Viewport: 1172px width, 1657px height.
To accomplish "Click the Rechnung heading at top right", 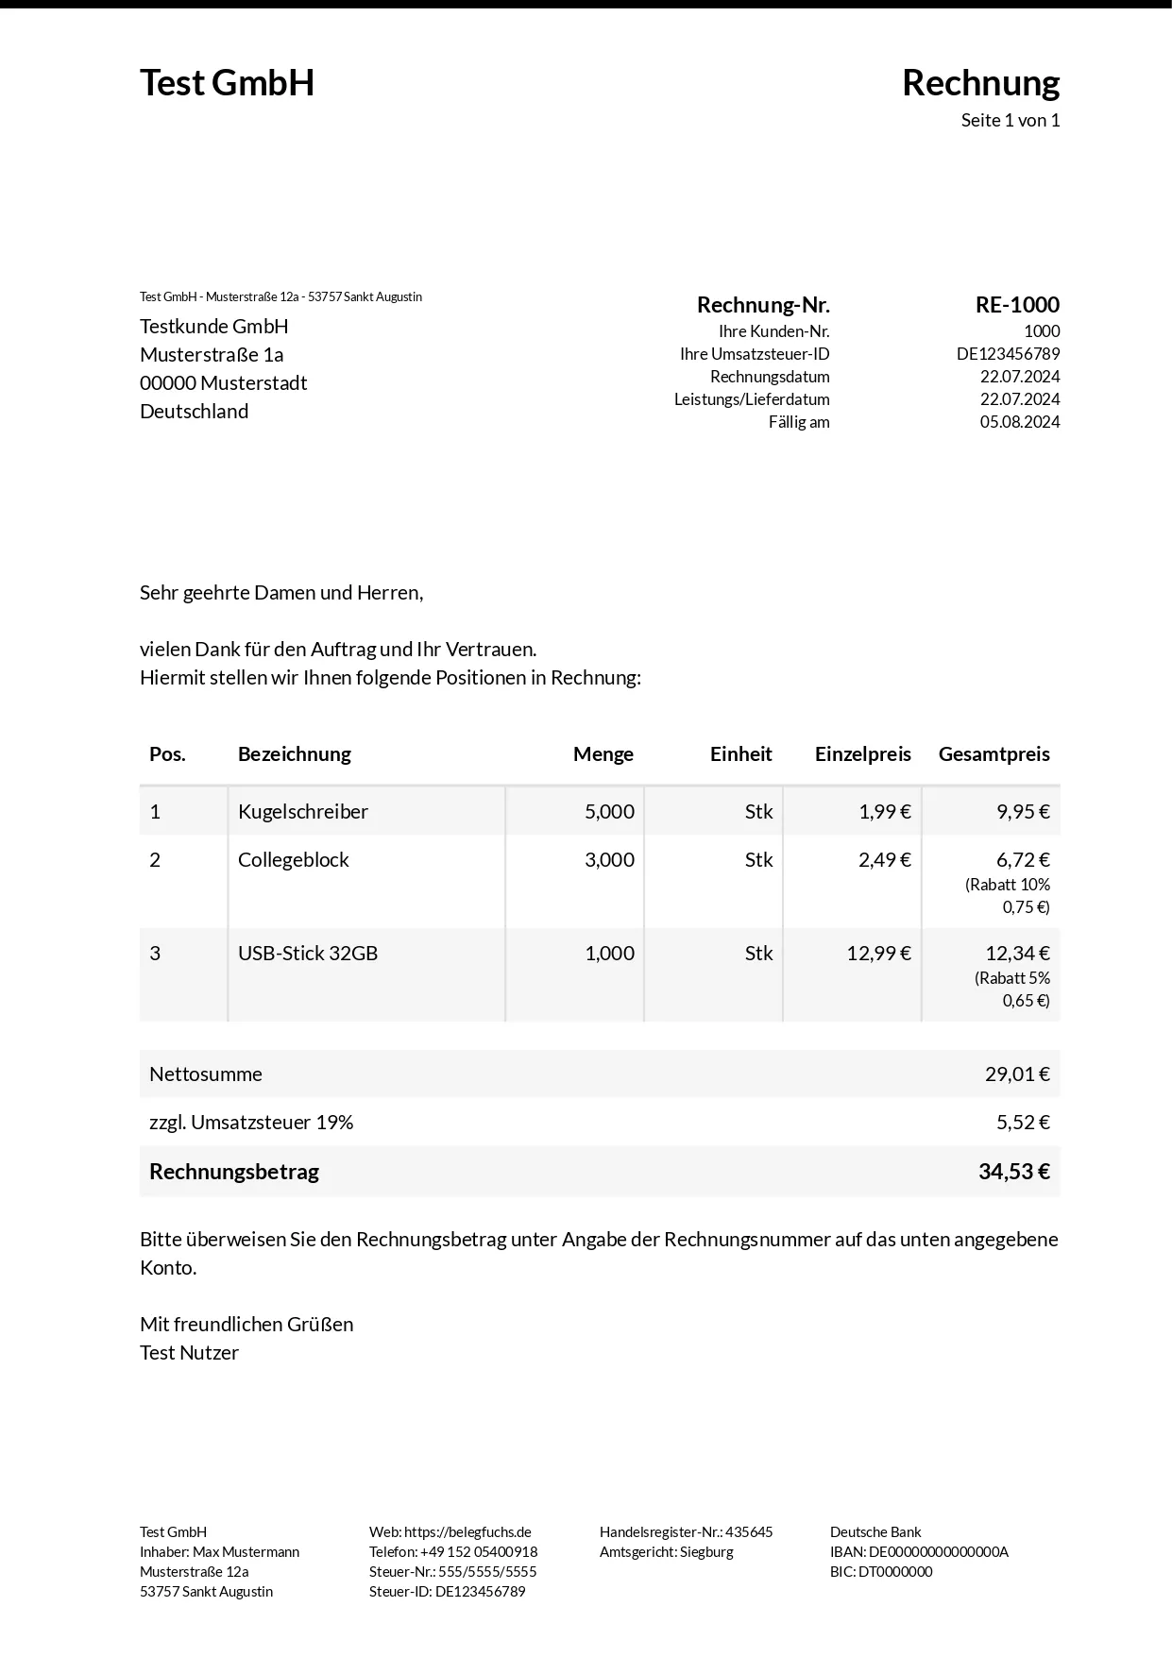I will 980,83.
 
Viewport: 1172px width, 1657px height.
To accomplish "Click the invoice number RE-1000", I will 1017,305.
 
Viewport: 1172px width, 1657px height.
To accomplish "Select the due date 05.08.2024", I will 1019,422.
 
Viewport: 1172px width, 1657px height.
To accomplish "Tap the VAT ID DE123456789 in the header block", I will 1008,354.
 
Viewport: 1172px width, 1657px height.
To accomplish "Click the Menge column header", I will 603,754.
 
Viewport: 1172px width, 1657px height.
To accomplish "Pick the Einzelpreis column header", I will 862,754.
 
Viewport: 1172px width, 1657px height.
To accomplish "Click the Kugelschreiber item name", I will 303,812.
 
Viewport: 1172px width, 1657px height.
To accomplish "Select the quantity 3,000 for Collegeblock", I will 609,860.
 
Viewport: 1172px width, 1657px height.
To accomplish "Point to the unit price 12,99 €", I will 878,954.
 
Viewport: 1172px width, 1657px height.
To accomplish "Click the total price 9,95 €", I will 1023,812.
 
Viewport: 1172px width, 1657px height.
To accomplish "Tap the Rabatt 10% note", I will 1008,886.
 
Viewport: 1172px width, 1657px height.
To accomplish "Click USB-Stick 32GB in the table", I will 308,954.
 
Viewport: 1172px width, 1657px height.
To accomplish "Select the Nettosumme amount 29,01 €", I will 1017,1074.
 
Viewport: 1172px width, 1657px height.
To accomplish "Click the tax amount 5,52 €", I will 1023,1123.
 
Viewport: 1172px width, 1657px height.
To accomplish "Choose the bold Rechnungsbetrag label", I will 234,1172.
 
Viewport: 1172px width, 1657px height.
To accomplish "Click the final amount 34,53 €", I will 1013,1172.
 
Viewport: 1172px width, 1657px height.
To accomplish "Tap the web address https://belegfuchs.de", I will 467,1532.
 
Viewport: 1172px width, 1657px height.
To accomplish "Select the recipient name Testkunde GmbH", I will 214,327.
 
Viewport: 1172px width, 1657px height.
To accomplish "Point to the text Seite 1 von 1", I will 1010,121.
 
